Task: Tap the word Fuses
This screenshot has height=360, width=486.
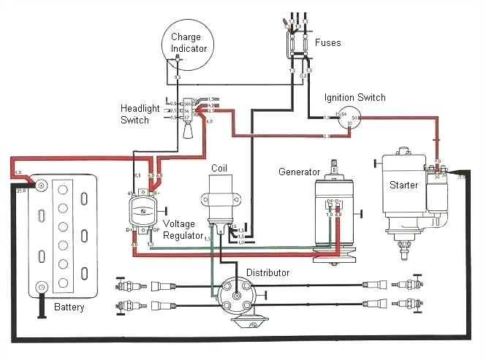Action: [x=327, y=42]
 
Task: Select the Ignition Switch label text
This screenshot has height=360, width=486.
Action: [x=356, y=98]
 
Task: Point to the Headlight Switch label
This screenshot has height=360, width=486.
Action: [x=140, y=114]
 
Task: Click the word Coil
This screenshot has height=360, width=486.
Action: [x=219, y=169]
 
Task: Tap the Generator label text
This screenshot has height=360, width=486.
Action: [x=300, y=172]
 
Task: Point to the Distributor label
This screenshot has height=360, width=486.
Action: [x=267, y=273]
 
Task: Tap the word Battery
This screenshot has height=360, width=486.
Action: [x=69, y=307]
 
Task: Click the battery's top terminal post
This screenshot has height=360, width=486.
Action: [x=41, y=185]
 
